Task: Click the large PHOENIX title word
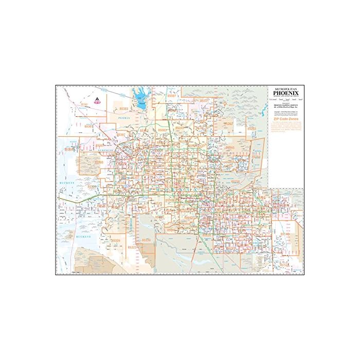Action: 286,93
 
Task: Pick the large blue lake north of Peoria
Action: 139,98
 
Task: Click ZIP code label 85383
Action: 124,109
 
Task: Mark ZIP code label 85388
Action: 98,162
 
